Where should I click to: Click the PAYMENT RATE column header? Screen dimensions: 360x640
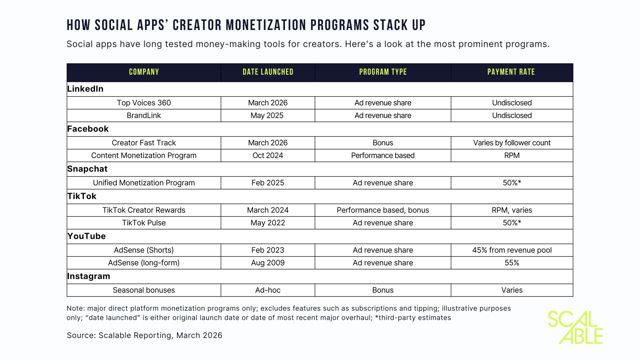point(511,72)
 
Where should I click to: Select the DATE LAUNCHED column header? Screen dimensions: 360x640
point(268,72)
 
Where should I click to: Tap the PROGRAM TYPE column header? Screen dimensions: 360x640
point(383,72)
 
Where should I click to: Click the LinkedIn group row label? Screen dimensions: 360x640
point(85,89)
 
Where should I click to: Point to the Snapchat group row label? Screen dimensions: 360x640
point(87,169)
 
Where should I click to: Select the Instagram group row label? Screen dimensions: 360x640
point(89,276)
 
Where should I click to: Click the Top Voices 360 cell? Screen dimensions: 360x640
point(144,103)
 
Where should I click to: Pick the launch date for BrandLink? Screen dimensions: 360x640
point(267,115)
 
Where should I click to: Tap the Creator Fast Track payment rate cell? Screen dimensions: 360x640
point(512,143)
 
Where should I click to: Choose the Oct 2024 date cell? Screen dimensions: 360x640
point(268,155)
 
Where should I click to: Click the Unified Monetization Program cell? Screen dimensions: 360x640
point(144,183)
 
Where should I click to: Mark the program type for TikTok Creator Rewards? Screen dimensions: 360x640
point(383,210)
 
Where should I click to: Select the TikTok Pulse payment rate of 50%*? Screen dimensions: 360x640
point(512,223)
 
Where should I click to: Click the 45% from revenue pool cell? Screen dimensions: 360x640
point(512,250)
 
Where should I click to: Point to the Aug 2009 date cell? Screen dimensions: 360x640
point(268,263)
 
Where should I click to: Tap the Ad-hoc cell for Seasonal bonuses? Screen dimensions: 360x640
point(268,290)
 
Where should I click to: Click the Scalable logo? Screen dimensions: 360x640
point(575,327)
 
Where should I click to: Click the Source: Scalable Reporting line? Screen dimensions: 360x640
point(144,335)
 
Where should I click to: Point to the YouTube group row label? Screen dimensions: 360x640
point(87,236)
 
